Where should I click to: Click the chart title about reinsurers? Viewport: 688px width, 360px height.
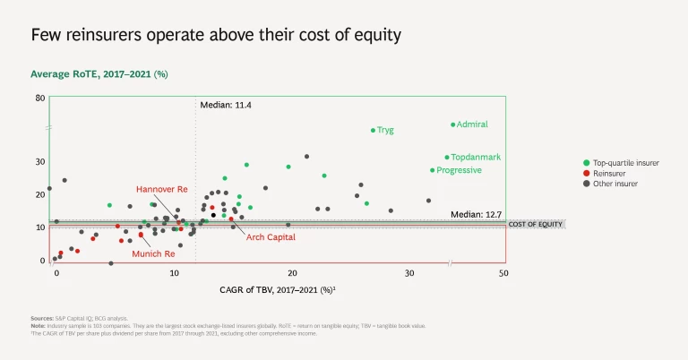pyautogui.click(x=215, y=35)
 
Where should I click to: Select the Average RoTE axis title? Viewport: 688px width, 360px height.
pyautogui.click(x=99, y=73)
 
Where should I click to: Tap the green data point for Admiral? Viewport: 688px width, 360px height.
pyautogui.click(x=453, y=124)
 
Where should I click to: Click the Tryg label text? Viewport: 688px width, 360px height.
pyautogui.click(x=385, y=130)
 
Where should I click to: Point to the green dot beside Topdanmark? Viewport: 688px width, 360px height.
pyautogui.click(x=447, y=158)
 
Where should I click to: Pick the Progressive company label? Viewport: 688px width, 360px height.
pyautogui.click(x=459, y=170)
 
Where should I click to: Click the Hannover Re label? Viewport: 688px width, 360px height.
pyautogui.click(x=161, y=190)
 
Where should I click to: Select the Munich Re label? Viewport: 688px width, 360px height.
pyautogui.click(x=153, y=254)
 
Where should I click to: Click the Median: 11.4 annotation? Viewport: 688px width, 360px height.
pyautogui.click(x=226, y=106)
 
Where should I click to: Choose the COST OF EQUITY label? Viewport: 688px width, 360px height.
pyautogui.click(x=536, y=224)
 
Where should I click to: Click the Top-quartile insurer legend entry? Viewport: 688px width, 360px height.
pyautogui.click(x=627, y=163)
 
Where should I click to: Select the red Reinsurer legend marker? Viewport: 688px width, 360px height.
pyautogui.click(x=586, y=173)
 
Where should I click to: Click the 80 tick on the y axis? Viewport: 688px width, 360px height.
pyautogui.click(x=40, y=97)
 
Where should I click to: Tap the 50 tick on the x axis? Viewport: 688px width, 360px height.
pyautogui.click(x=503, y=272)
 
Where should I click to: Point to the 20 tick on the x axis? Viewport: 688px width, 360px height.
pyautogui.click(x=292, y=272)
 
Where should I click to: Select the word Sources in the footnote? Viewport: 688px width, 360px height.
pyautogui.click(x=42, y=319)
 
